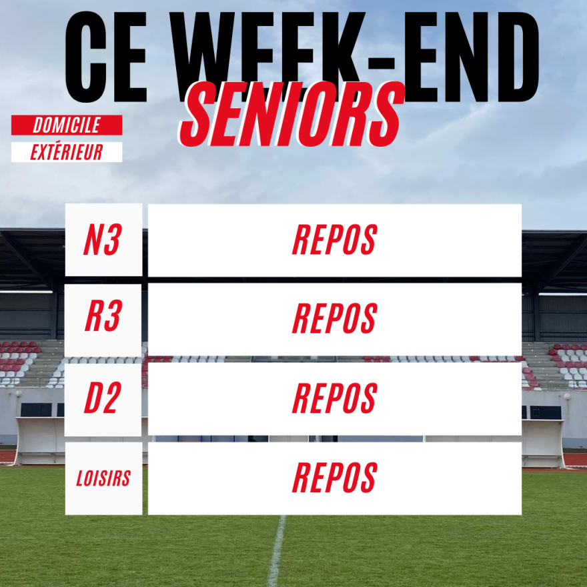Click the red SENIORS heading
tap(291, 114)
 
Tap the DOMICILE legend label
tap(67, 125)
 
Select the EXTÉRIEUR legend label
tap(67, 152)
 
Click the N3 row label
tap(103, 240)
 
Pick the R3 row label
tap(103, 316)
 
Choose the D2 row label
tap(103, 398)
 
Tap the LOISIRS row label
tap(103, 478)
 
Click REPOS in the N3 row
tap(334, 240)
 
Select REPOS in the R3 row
tap(334, 318)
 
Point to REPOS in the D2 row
tap(334, 398)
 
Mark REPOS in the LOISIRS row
tap(334, 478)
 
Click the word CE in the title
tap(106, 57)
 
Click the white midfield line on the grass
tap(277, 550)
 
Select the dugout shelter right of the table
tap(543, 443)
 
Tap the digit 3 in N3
tap(111, 240)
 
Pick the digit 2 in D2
tap(111, 398)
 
